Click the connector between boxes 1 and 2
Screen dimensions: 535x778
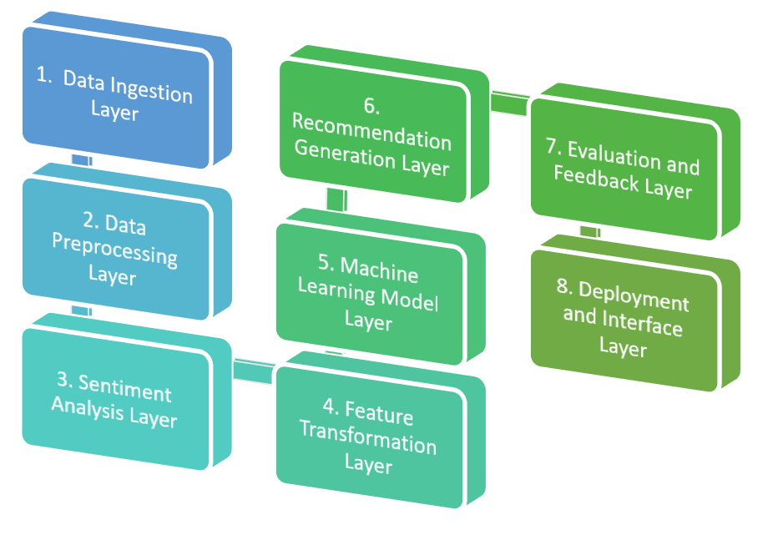81,159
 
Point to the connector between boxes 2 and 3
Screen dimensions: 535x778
81,310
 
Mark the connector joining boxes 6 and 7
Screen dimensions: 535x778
508,101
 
